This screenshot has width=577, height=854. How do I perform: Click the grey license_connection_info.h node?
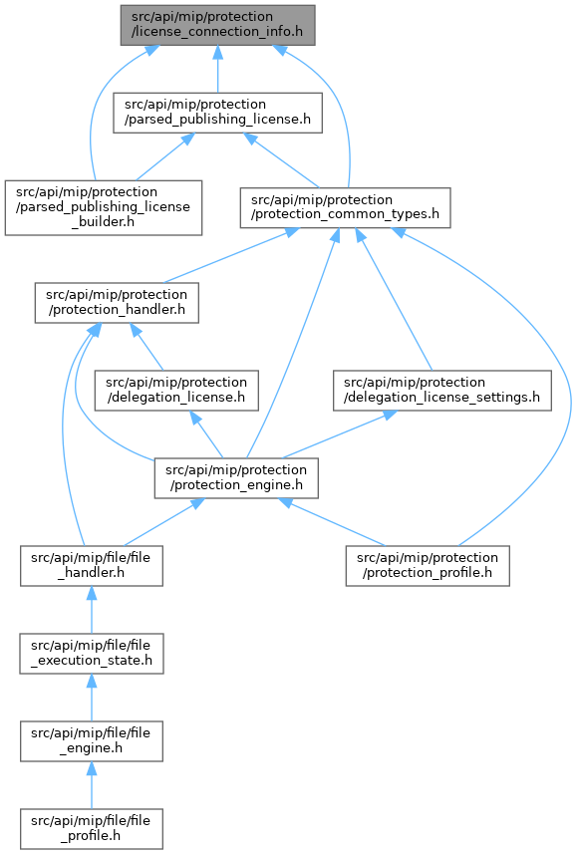point(217,25)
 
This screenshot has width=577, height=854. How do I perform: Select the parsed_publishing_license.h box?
point(217,113)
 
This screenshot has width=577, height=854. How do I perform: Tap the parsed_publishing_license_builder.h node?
point(104,207)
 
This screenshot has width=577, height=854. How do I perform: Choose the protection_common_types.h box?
point(345,207)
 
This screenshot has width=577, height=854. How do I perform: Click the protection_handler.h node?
point(117,302)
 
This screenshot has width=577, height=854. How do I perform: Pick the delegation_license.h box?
point(176,391)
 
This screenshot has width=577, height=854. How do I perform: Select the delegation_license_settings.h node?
point(441,391)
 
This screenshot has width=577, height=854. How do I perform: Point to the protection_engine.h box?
point(236,478)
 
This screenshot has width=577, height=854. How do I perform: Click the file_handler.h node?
point(91,566)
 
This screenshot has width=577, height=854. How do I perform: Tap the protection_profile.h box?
point(428,566)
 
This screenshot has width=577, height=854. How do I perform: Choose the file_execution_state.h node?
point(92,654)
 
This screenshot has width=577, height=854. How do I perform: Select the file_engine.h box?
point(91,741)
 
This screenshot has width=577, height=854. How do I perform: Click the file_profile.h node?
point(91,829)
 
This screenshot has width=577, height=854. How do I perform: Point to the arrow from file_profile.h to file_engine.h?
point(91,785)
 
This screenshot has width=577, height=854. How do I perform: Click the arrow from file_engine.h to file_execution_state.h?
point(91,698)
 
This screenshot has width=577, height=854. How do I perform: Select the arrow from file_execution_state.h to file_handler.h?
point(91,610)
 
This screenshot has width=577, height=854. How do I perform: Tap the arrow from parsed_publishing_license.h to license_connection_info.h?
point(217,69)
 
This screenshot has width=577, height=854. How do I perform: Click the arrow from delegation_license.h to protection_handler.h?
point(146,347)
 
